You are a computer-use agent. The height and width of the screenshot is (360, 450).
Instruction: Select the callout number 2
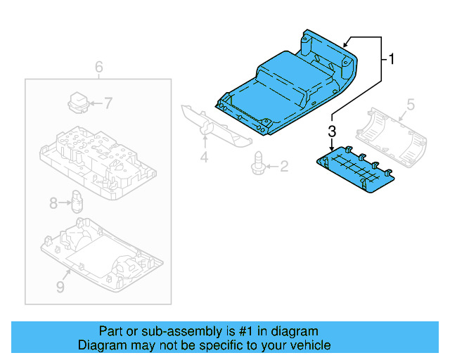pyautogui.click(x=284, y=167)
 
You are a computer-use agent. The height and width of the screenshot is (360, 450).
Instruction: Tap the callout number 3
pyautogui.click(x=332, y=130)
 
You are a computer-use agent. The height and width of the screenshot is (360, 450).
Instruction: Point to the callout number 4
pyautogui.click(x=204, y=158)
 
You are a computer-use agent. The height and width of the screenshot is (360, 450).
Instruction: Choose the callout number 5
pyautogui.click(x=411, y=105)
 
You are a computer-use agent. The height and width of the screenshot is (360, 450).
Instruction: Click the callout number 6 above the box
pyautogui.click(x=99, y=67)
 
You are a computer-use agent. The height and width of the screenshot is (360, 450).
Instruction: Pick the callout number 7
pyautogui.click(x=108, y=103)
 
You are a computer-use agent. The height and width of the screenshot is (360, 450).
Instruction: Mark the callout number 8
pyautogui.click(x=53, y=203)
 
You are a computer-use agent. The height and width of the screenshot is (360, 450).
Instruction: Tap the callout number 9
pyautogui.click(x=60, y=287)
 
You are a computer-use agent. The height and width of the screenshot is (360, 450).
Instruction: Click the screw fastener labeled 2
pyautogui.click(x=258, y=162)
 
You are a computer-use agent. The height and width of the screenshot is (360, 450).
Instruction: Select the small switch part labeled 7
pyautogui.click(x=77, y=101)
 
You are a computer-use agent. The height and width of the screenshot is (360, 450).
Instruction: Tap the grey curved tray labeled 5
pyautogui.click(x=390, y=137)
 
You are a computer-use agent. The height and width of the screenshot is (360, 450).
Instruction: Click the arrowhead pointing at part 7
pyautogui.click(x=90, y=103)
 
